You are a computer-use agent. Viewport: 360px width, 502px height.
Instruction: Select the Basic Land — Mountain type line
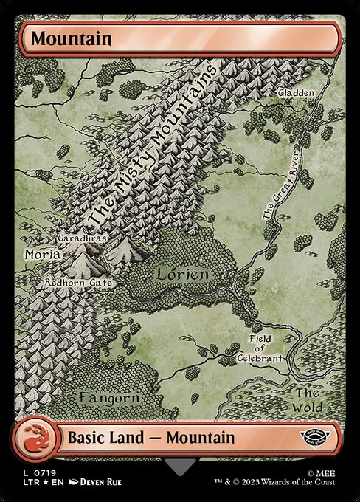(x=151, y=437)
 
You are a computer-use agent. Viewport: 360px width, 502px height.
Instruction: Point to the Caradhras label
(x=84, y=240)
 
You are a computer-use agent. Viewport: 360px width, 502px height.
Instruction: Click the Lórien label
(x=184, y=274)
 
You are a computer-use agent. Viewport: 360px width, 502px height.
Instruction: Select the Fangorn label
(x=109, y=398)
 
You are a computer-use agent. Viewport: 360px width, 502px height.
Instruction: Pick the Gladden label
(x=296, y=93)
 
